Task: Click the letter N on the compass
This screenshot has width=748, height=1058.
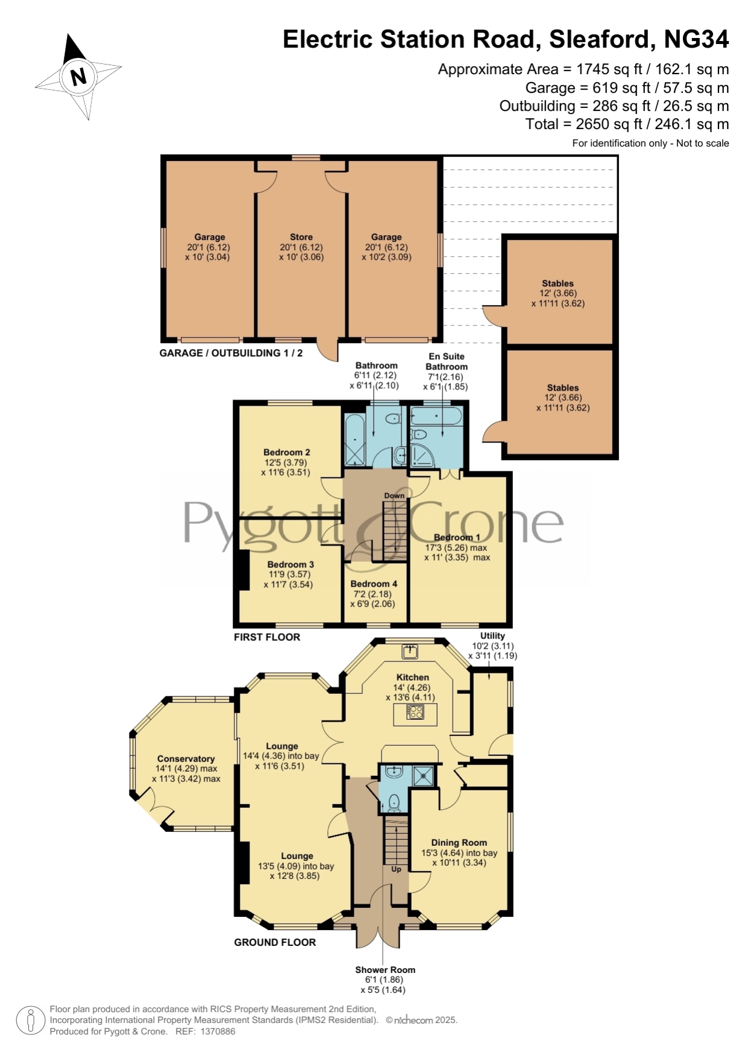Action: point(78,77)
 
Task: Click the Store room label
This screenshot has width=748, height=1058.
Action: point(301,237)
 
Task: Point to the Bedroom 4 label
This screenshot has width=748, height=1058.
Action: point(374,584)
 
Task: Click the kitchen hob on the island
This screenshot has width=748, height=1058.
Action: point(415,712)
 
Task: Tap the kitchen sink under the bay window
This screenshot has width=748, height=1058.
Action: point(410,651)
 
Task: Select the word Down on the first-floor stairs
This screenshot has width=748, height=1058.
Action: point(394,496)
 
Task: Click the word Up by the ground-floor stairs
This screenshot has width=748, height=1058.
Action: point(396,869)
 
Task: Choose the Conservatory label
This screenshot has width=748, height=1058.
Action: point(186,759)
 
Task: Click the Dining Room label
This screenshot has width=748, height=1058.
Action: point(459,843)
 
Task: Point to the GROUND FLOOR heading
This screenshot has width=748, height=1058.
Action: point(275,942)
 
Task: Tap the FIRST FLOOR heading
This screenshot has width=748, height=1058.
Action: point(267,637)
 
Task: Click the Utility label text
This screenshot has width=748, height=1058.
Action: point(492,636)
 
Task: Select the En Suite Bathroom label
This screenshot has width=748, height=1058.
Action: point(447,362)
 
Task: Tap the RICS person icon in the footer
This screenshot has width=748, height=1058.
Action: point(30,1021)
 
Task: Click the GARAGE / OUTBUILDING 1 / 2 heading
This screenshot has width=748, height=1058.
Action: point(231,353)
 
